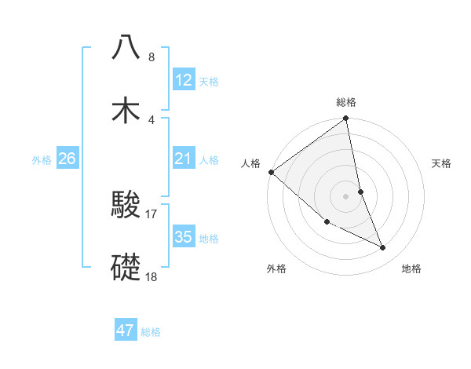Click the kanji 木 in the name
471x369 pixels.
point(126,111)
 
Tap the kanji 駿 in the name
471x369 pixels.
point(126,206)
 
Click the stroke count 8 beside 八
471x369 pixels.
point(152,57)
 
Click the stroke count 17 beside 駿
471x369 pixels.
point(152,214)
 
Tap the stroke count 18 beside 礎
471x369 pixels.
point(152,277)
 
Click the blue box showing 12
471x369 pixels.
point(184,80)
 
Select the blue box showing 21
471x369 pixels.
point(184,159)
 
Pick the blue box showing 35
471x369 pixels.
point(184,237)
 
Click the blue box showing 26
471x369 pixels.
point(68,159)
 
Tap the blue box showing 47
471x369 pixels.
point(126,331)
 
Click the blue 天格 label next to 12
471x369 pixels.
point(209,82)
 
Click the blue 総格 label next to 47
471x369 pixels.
point(151,332)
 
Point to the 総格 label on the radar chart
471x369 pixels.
point(346,102)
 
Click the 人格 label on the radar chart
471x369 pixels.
point(251,163)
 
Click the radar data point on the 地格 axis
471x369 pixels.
point(383,248)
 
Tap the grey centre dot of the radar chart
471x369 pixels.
point(346,196)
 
